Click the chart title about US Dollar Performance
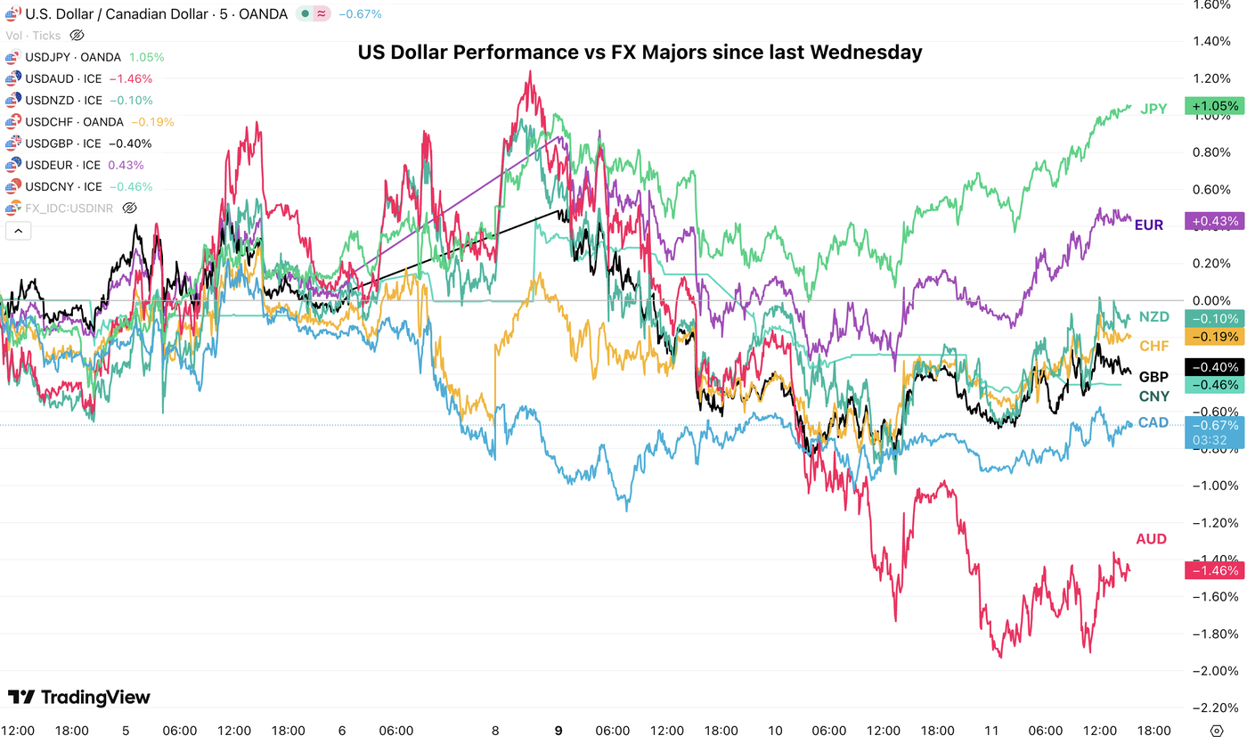(640, 53)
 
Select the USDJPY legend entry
(71, 57)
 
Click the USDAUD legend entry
(62, 78)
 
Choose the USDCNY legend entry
(62, 187)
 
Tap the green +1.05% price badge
(1212, 106)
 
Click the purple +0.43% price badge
(1212, 221)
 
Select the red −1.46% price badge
(1212, 570)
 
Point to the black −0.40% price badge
(1212, 367)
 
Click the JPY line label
(1153, 109)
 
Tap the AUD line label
(1151, 539)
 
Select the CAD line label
(1153, 422)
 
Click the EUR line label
(1148, 225)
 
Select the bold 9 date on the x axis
(558, 730)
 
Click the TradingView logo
(79, 697)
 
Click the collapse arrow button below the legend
(18, 231)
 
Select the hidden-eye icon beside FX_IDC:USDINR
(129, 208)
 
